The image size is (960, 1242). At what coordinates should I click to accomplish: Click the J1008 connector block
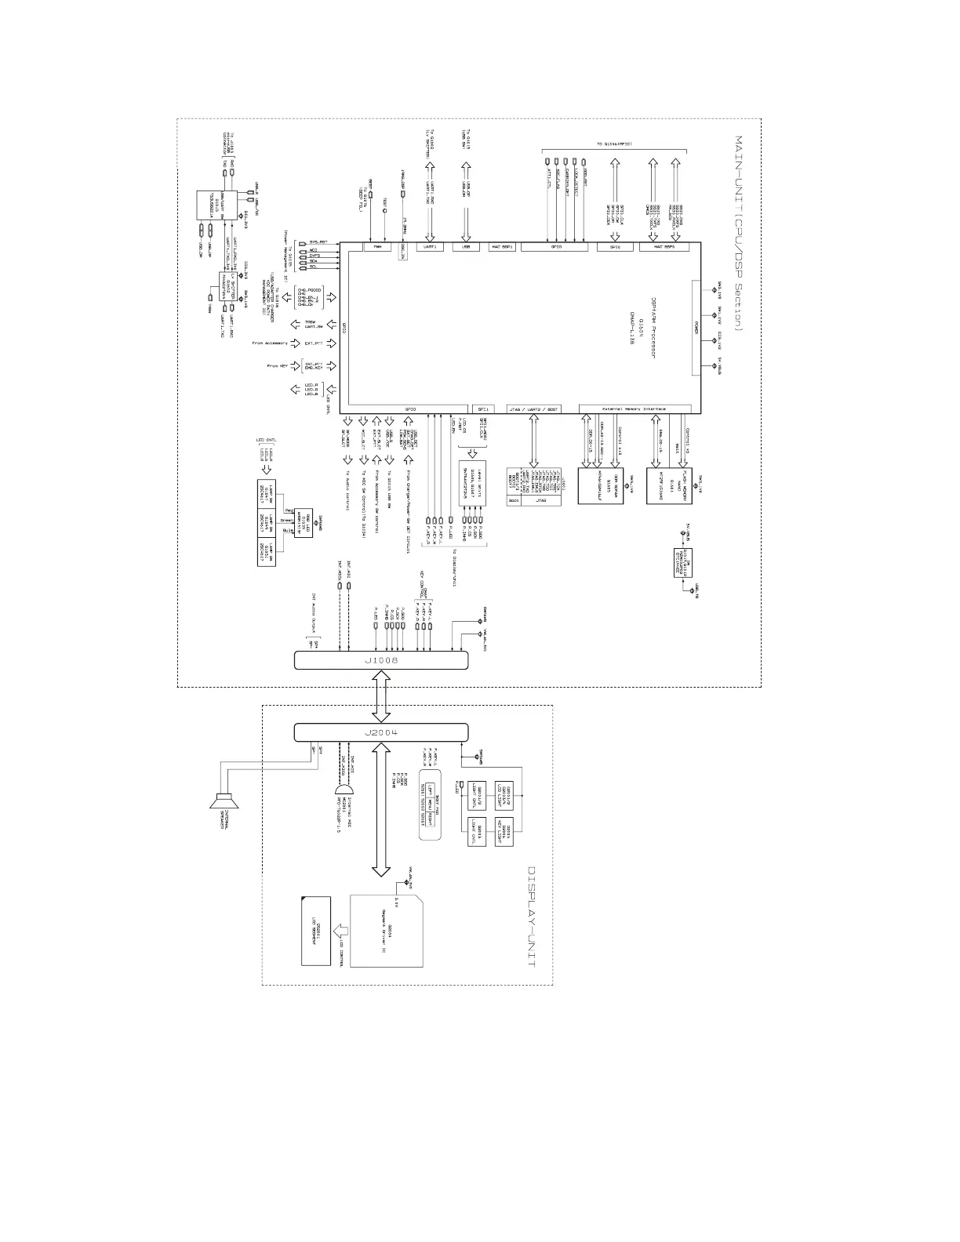pos(381,661)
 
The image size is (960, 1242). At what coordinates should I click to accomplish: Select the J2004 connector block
pos(381,732)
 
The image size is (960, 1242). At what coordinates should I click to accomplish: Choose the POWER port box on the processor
pos(696,329)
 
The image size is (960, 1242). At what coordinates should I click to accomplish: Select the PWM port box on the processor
pos(377,247)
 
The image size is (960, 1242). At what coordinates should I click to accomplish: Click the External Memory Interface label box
pos(635,409)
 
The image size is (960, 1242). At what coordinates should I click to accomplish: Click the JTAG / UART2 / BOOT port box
pos(534,409)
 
